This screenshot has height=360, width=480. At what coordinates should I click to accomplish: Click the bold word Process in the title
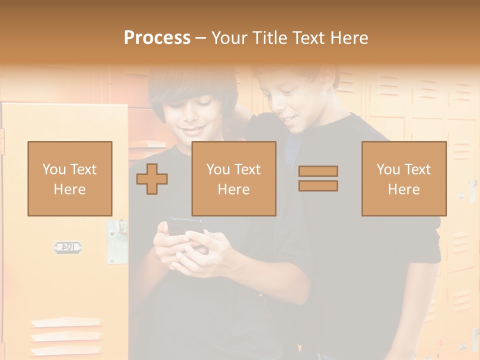click(x=157, y=38)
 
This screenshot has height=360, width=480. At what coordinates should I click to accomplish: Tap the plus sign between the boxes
click(x=152, y=179)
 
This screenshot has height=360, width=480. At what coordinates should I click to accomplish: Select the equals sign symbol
click(x=318, y=178)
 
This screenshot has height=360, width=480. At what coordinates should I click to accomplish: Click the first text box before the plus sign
click(x=70, y=178)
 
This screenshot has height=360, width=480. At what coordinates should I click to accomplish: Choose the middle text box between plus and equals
click(x=234, y=178)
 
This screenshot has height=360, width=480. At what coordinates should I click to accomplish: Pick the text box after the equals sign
click(x=404, y=178)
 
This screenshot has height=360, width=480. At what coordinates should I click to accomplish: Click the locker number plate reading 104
click(x=67, y=247)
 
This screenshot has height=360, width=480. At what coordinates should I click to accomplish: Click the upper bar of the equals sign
click(x=318, y=171)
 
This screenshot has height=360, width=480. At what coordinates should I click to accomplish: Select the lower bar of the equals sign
click(x=318, y=186)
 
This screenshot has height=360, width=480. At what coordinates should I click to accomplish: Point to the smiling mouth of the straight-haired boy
click(x=194, y=131)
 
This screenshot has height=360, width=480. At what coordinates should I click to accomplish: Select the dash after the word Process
click(x=201, y=38)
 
